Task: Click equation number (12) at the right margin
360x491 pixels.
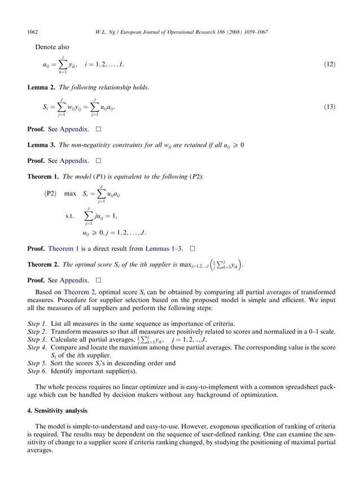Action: coord(330,65)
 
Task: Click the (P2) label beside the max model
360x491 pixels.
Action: coord(51,194)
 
